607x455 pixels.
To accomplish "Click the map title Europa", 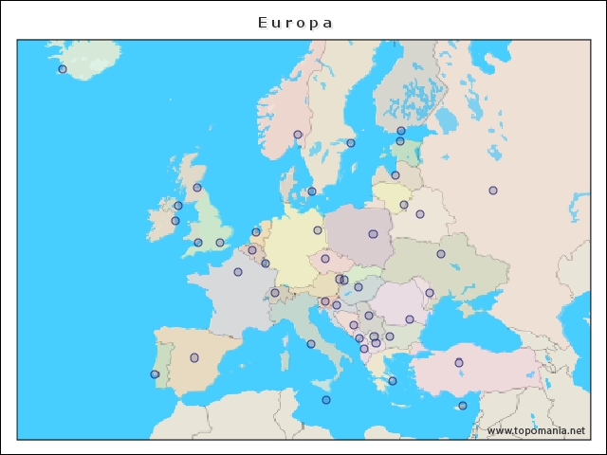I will click(295, 22).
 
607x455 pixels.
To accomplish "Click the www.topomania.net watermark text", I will click(536, 431).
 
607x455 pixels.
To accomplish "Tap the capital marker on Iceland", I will click(63, 68).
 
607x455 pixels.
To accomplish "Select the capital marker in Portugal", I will click(155, 374).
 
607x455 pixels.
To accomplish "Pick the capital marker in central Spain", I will click(194, 357).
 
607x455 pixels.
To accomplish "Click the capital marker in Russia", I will click(493, 191).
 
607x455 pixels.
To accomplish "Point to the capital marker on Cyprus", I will click(463, 406).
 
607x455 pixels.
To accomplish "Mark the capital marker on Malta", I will click(326, 400).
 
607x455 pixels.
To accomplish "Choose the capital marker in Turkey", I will click(459, 362).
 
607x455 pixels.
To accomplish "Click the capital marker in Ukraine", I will click(441, 254).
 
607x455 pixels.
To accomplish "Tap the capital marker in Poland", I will click(373, 234).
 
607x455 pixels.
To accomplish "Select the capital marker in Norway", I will click(298, 135).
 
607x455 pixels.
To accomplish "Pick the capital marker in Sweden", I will click(351, 143).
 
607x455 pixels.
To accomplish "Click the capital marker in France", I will click(238, 272).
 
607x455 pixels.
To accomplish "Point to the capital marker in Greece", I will click(393, 381).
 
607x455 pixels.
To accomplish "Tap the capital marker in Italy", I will click(311, 344).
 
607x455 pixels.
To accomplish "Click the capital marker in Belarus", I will click(420, 214).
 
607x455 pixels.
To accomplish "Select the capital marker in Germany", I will click(318, 230).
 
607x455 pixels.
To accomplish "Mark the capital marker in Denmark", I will click(312, 191).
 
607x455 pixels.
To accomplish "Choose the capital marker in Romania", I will click(410, 319).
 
